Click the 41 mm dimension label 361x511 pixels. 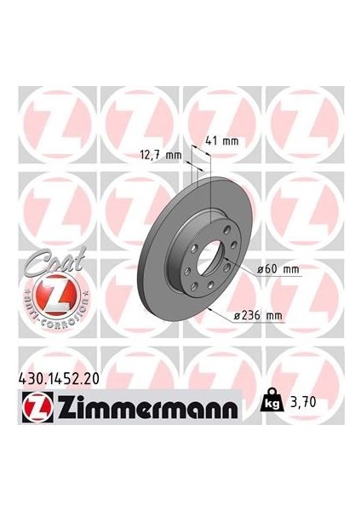tap(221, 141)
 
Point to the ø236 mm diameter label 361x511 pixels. tap(261, 317)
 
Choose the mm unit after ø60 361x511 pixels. tap(291, 269)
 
